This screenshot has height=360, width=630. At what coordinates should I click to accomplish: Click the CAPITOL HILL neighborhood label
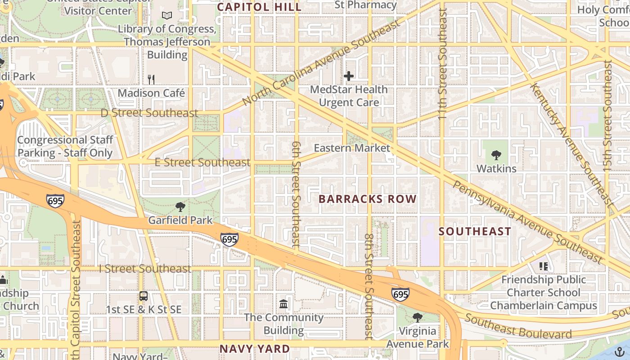[x=259, y=7]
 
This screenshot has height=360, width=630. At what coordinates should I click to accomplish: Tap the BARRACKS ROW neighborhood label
[x=368, y=199]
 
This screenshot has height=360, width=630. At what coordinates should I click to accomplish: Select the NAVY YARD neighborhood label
[x=255, y=349]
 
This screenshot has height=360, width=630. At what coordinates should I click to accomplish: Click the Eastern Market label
[x=352, y=148]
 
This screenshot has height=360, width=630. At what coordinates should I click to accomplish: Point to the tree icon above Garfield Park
[x=180, y=207]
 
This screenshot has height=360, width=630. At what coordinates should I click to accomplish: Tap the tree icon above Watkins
[x=496, y=155]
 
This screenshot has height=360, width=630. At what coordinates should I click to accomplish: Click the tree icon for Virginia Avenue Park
[x=418, y=317]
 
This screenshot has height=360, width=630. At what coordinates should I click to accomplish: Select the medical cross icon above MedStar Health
[x=349, y=76]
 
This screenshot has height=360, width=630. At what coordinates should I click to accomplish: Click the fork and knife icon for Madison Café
[x=151, y=80]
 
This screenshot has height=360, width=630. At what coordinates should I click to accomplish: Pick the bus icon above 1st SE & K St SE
[x=144, y=296]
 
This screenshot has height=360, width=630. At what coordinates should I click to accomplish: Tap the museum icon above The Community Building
[x=284, y=304]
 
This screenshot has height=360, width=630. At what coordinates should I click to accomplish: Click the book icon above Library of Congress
[x=167, y=16]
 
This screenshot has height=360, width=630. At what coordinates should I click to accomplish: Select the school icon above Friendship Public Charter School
[x=544, y=266]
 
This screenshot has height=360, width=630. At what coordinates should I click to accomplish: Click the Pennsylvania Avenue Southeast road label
[x=527, y=221]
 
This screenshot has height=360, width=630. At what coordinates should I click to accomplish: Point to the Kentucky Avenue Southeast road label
[x=571, y=144]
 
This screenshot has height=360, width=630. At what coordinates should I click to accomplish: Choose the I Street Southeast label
[x=145, y=269]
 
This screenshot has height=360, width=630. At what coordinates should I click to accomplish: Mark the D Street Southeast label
[x=149, y=113]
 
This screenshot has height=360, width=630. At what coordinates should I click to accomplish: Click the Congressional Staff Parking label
[x=65, y=146]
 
